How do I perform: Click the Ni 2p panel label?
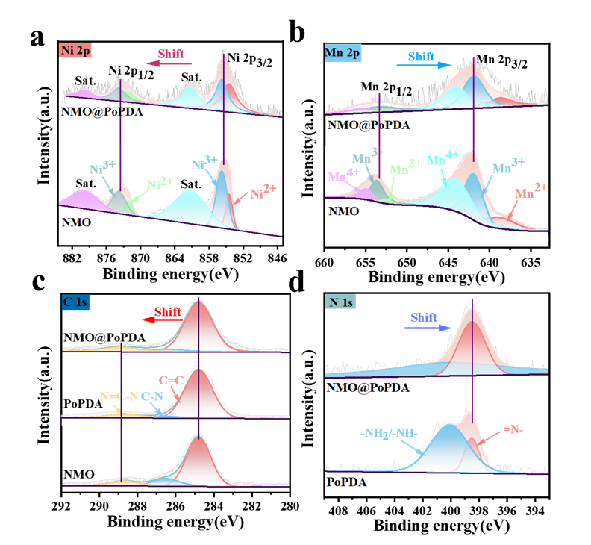coord(76,52)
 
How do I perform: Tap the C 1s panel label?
coord(76,302)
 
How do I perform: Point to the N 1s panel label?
coord(341,302)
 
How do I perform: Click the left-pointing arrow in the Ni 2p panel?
coord(169,63)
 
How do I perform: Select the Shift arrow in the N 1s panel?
coord(430,327)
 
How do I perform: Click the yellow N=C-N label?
coord(119,396)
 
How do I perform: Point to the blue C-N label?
coord(154,396)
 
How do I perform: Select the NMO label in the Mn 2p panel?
coord(343,211)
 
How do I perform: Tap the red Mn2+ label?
coord(531,193)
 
